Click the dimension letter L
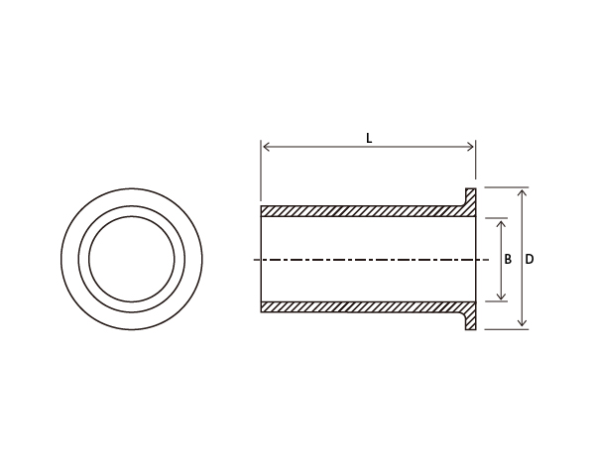[x=369, y=139]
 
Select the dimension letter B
[x=508, y=260]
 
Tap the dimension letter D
[x=530, y=260]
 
